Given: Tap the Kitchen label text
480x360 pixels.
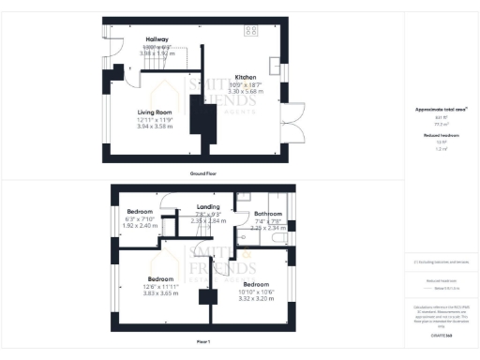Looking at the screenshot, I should [x=246, y=77].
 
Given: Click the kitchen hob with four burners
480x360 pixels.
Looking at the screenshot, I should [x=251, y=30].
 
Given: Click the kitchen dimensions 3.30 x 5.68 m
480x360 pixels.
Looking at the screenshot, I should [x=246, y=92].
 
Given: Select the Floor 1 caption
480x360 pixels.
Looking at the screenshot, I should [x=202, y=340].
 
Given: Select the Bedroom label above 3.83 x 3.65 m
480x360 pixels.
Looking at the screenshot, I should [x=160, y=278].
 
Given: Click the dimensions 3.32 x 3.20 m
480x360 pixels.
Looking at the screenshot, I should [x=256, y=297].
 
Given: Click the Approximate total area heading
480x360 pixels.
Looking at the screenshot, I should [x=441, y=110].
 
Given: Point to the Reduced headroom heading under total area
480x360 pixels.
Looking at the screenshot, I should [x=441, y=135].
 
